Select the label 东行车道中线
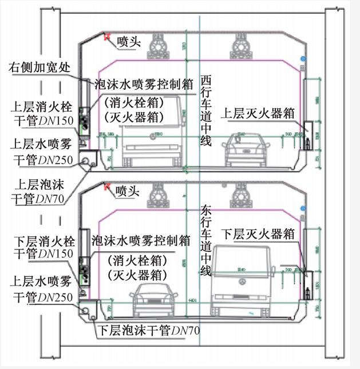(x=207, y=241)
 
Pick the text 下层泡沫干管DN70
(x=149, y=330)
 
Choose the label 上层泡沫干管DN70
(x=38, y=192)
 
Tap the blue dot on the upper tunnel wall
(x=304, y=59)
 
